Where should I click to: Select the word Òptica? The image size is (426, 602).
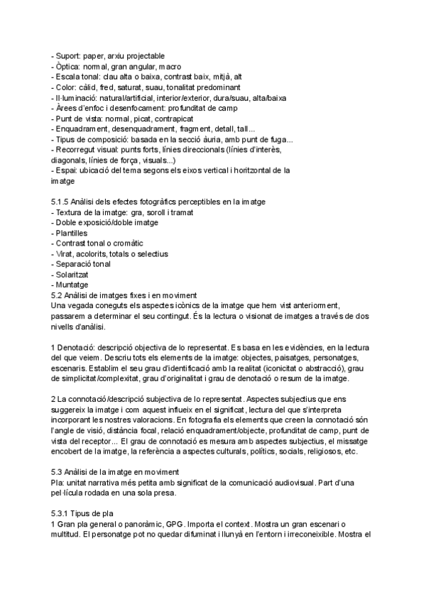point(69,66)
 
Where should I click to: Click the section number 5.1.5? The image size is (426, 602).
point(62,202)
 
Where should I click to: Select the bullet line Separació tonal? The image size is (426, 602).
point(80,263)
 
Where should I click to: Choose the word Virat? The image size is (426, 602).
point(64,253)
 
